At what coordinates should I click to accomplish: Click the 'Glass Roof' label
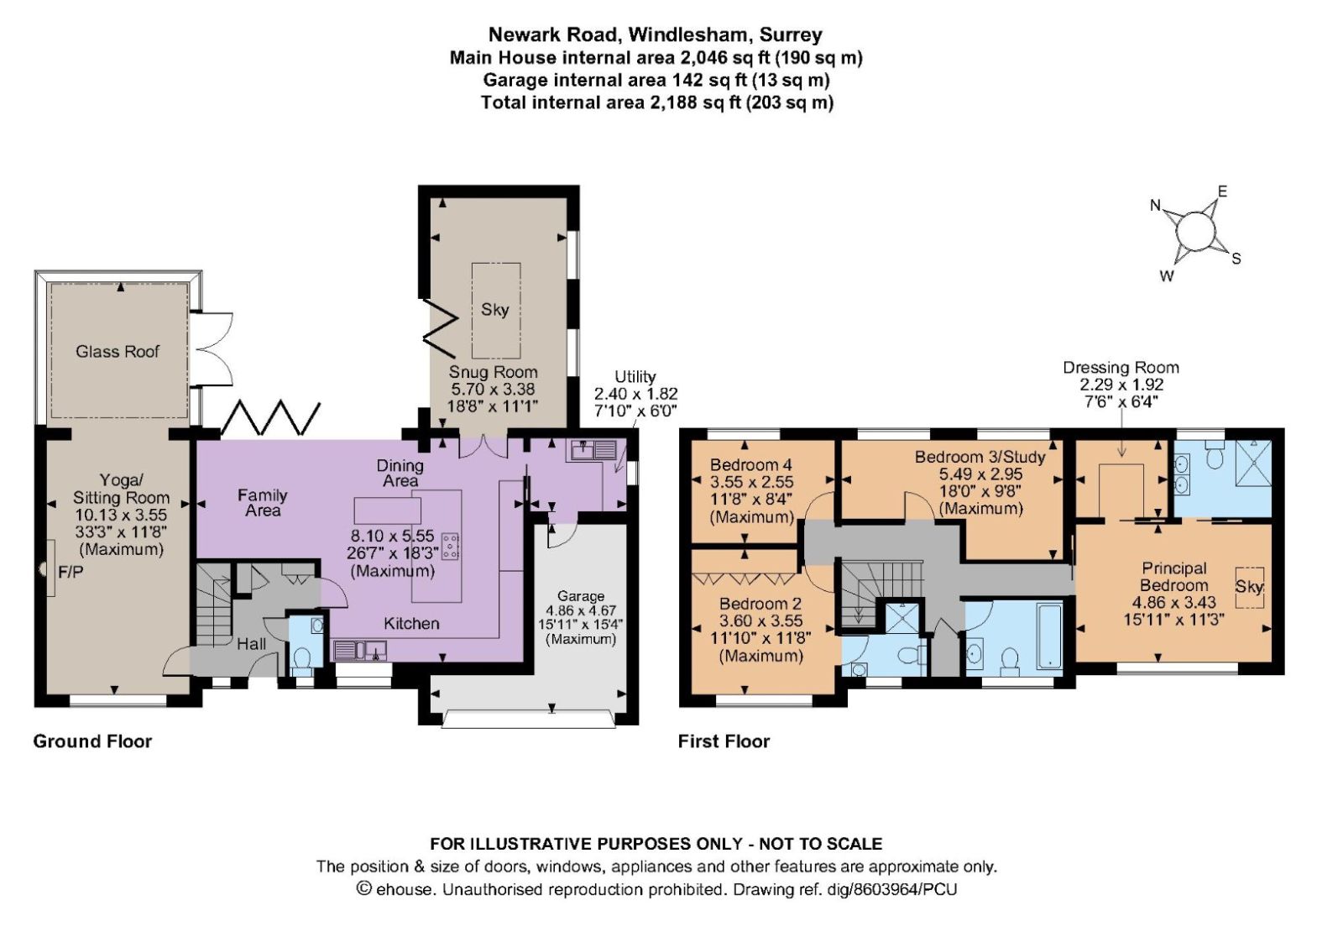pos(118,352)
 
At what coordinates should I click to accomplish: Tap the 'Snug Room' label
pos(494,372)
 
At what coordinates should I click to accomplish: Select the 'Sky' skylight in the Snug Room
pos(495,310)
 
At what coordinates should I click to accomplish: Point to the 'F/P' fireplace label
pos(71,572)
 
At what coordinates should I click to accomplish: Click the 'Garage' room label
pos(581,595)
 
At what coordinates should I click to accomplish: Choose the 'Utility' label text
pos(635,376)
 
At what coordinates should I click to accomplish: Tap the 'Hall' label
pos(251,644)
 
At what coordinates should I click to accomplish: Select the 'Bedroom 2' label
pos(760,604)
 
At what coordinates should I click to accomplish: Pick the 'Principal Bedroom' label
pos(1174,577)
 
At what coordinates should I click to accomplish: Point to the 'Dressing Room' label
pos(1121,368)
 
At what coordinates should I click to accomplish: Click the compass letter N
pos(1156,205)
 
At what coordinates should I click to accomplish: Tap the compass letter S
pos(1236,258)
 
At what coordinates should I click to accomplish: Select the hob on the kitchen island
pos(452,545)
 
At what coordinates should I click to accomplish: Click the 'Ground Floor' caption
pos(92,741)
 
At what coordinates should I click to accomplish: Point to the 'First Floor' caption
pos(724,741)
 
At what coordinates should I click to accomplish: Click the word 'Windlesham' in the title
pos(690,34)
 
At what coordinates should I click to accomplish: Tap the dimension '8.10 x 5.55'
pos(392,536)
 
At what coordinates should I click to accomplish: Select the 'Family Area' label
pos(262,503)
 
